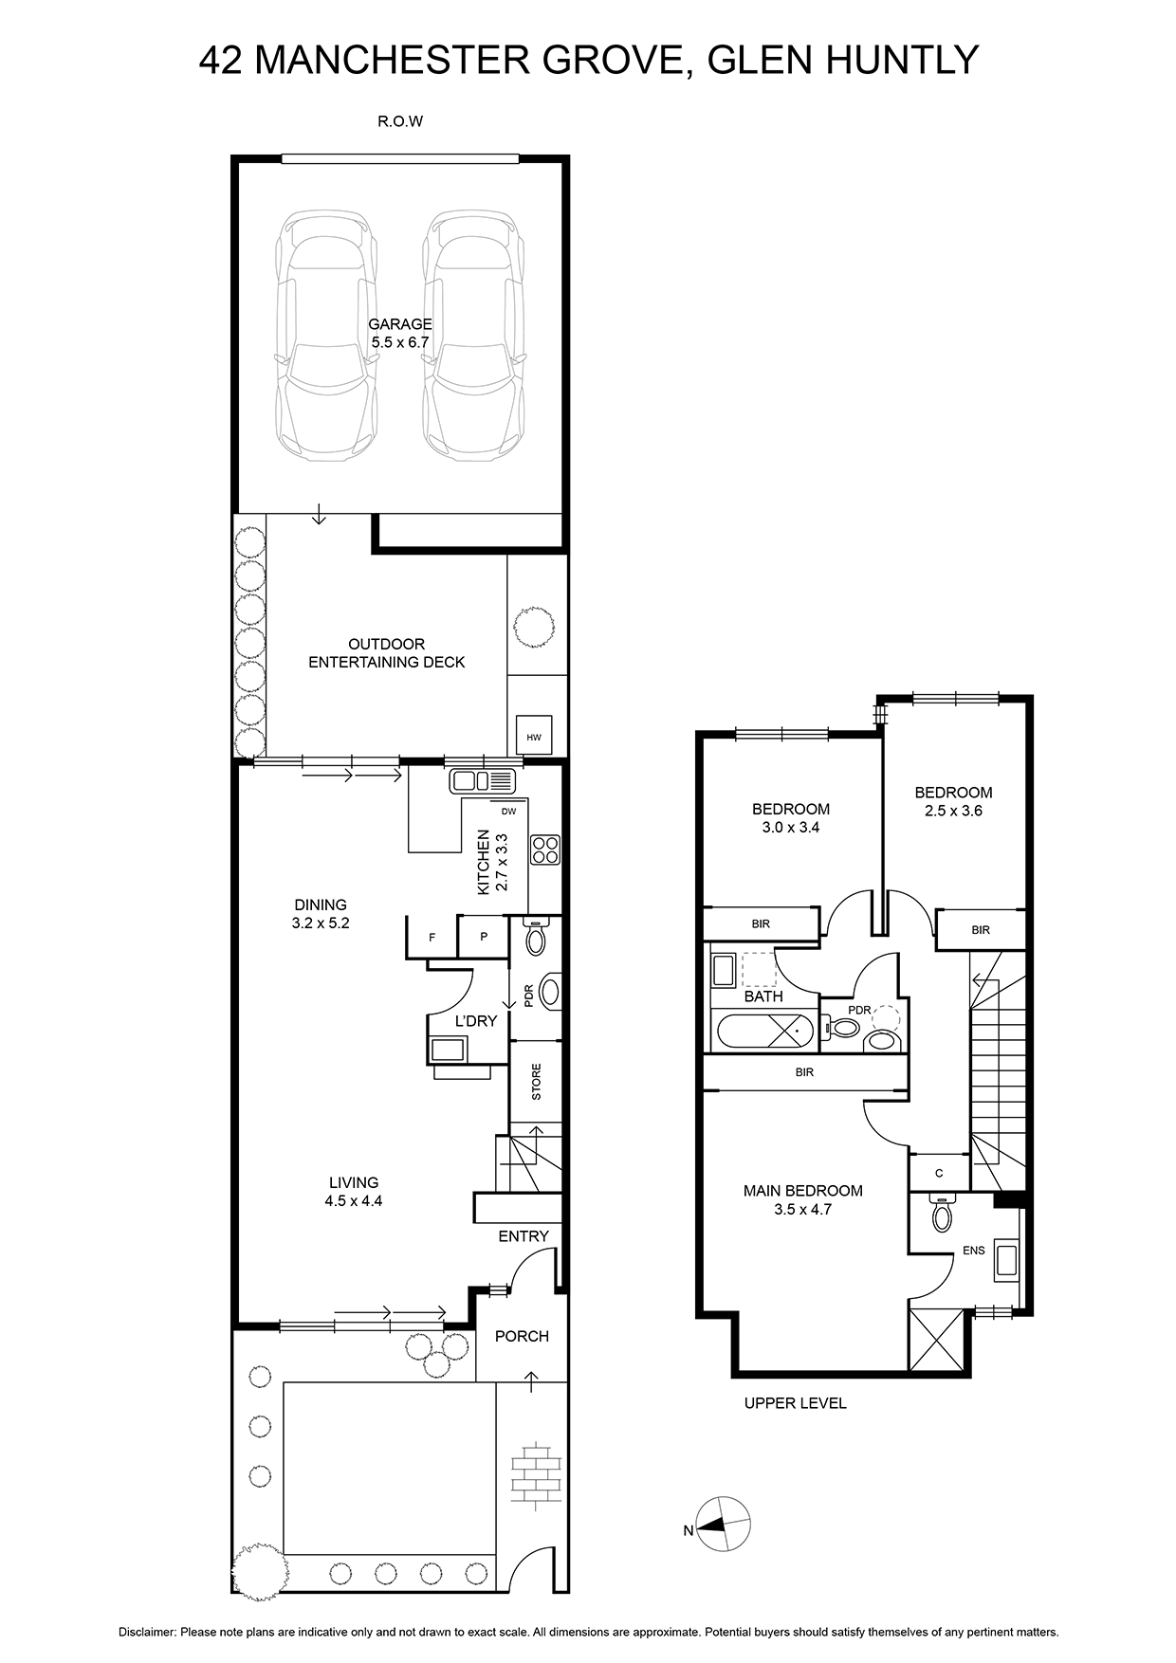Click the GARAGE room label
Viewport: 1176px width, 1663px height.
pos(400,324)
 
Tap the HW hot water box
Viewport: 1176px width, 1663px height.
pos(533,735)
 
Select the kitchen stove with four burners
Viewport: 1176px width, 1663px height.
pos(545,849)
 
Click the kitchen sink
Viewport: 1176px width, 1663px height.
pos(482,781)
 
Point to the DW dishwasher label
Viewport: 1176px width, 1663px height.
pos(509,811)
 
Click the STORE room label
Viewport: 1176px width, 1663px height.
pos(537,1082)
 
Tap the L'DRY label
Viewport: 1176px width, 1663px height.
pos(476,1021)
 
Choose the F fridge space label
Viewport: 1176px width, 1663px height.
pos(432,938)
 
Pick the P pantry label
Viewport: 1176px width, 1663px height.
pos(484,937)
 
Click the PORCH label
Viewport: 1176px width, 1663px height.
pos(522,1336)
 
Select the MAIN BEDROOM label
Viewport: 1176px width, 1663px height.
pos(802,1191)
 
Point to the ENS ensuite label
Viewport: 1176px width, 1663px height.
pos(974,1251)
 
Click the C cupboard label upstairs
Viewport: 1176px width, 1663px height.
pos(939,1173)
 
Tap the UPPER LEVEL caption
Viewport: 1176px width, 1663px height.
pos(795,1403)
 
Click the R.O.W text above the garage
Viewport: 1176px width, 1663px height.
pos(399,121)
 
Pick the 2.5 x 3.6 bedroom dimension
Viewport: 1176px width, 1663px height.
pos(953,811)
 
